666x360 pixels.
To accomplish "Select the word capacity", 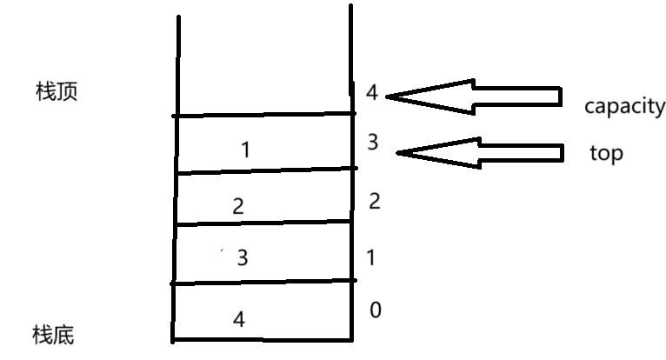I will coord(623,107).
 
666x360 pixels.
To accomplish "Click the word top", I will coord(606,153).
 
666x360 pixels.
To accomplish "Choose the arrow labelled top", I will coord(483,153).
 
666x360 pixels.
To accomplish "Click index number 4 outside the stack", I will coord(372,91).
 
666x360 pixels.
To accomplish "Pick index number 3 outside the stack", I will coord(372,142).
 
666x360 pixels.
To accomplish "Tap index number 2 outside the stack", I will coord(375,202).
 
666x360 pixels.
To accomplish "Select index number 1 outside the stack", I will coord(371,257).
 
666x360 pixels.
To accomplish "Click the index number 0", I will coord(375,310).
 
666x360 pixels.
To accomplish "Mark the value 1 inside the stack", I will coord(245,150).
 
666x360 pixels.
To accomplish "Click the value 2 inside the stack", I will coord(238,207).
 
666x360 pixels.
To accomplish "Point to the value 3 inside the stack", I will coord(243,258).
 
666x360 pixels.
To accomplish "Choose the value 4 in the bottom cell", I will coord(239,320).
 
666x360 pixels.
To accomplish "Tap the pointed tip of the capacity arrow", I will coord(388,96).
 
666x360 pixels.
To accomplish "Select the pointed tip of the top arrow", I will coord(399,154).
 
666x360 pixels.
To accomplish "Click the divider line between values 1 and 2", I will coord(263,170).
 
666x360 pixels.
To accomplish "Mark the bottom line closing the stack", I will coord(261,338).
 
